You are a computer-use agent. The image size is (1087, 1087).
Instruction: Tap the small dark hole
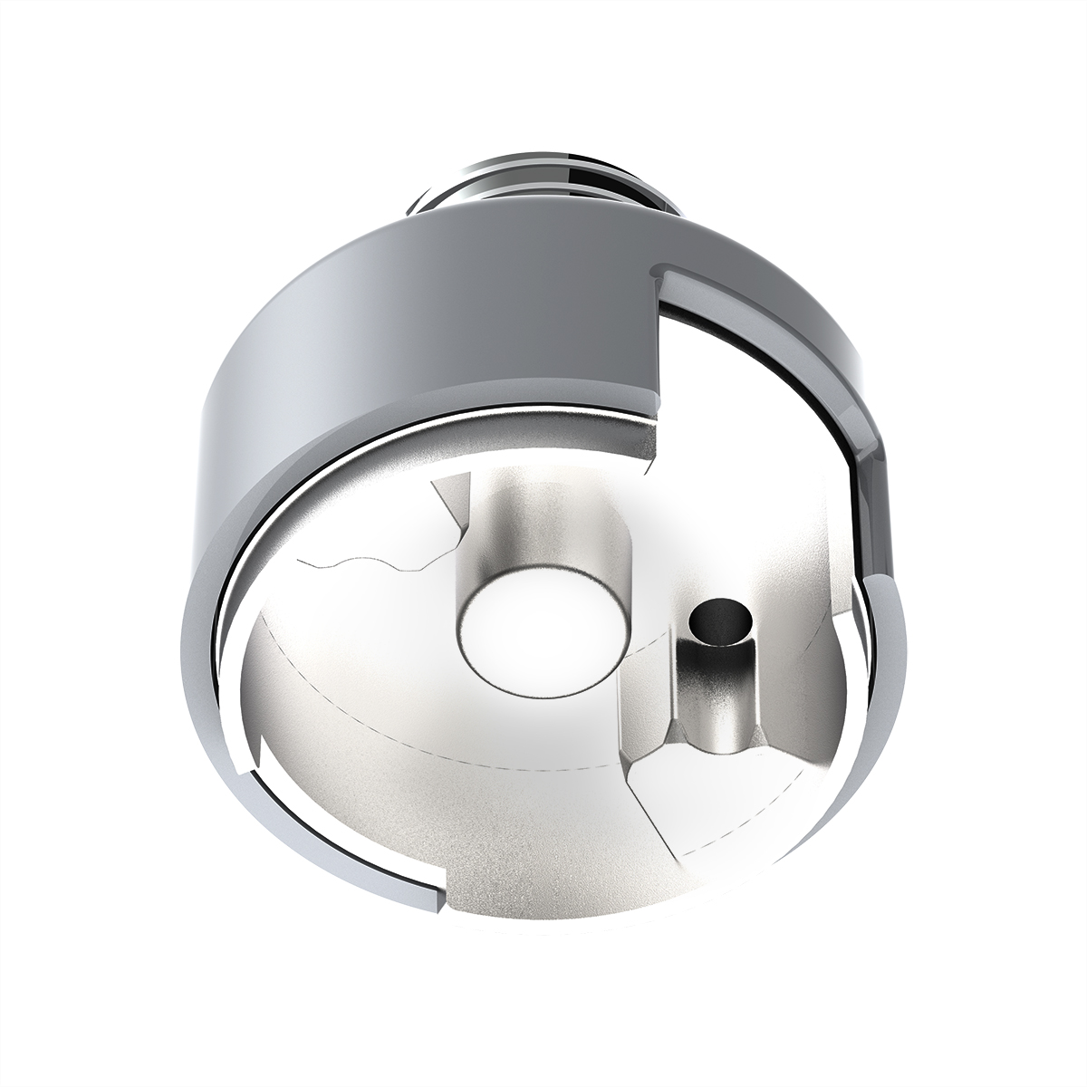[x=721, y=622]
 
